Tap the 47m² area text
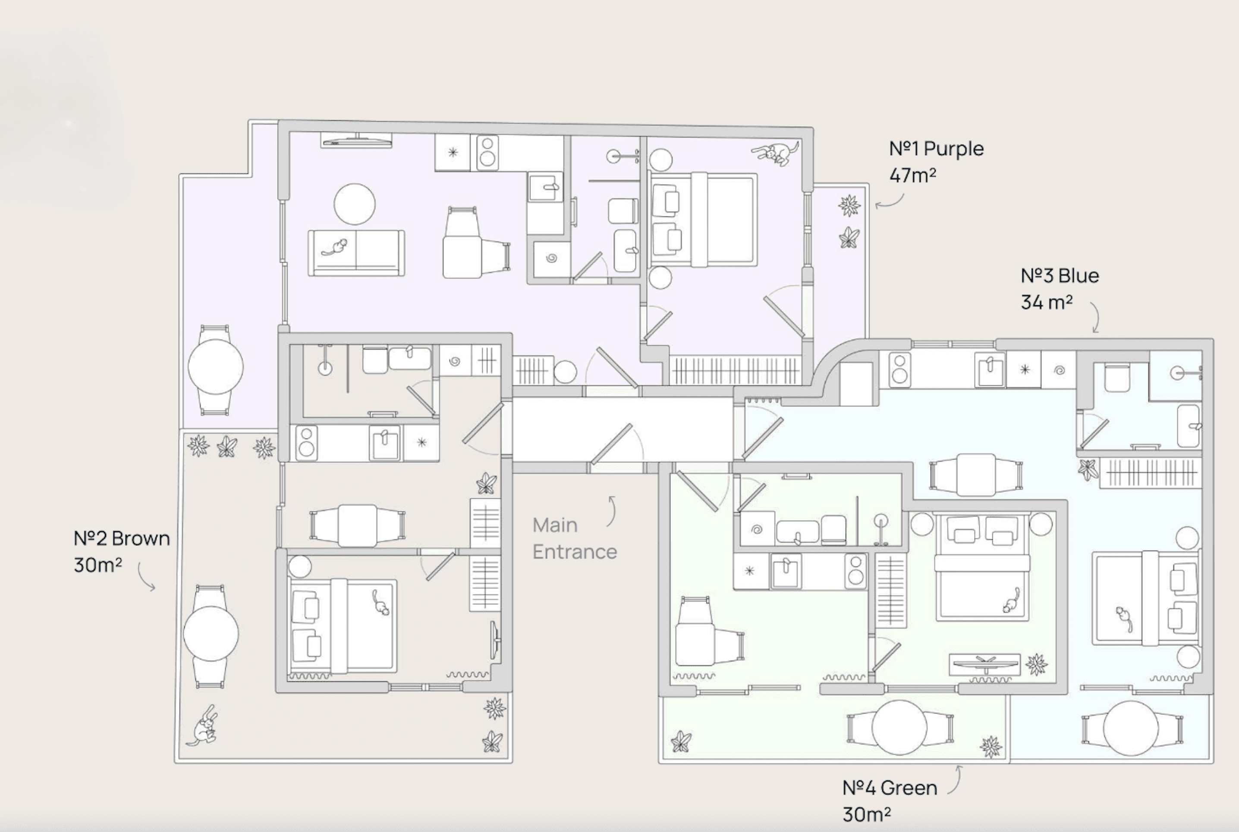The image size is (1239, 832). (912, 175)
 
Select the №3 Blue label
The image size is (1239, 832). (1060, 276)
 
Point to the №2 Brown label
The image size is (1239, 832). (122, 538)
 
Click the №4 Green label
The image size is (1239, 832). (890, 788)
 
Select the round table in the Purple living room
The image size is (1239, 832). (355, 204)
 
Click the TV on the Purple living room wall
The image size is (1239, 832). (357, 140)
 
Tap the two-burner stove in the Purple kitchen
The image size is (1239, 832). (487, 153)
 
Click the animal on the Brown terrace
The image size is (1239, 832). (202, 726)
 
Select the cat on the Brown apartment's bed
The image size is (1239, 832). (380, 602)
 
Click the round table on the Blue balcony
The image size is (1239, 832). (1131, 728)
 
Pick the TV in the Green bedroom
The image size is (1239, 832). (985, 664)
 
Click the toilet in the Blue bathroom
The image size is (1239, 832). (1117, 377)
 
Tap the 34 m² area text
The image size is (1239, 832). (1046, 303)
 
